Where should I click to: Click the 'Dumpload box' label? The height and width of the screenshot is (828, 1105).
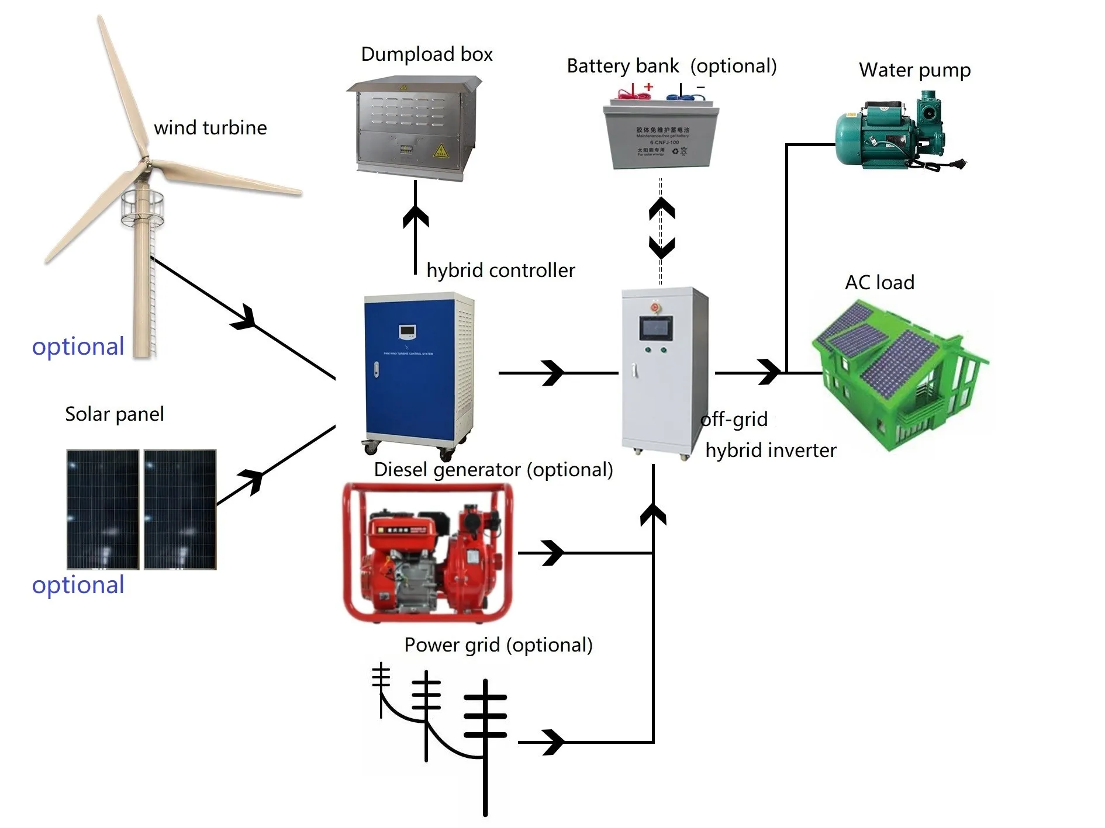click(x=426, y=54)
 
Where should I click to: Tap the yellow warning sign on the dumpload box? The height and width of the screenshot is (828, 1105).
click(x=440, y=151)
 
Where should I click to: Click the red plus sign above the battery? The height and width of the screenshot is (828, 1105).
click(x=648, y=87)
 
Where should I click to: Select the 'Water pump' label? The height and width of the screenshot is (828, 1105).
click(x=914, y=70)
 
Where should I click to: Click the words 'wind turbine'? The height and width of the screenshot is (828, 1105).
click(x=210, y=128)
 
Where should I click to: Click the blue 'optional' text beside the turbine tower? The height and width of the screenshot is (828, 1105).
click(x=78, y=347)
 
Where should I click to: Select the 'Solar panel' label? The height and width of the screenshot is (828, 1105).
click(x=114, y=414)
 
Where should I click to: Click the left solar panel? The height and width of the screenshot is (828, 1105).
click(x=103, y=508)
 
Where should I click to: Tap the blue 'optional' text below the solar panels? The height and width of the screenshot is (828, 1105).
click(x=78, y=585)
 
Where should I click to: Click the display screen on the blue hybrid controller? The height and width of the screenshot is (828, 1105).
click(x=407, y=332)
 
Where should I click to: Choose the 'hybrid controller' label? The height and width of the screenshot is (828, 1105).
click(x=500, y=271)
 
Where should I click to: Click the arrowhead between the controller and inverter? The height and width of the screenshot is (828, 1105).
click(x=552, y=373)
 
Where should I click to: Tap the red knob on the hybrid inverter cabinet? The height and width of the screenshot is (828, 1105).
click(x=655, y=306)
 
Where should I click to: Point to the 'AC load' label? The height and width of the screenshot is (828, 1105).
click(x=879, y=283)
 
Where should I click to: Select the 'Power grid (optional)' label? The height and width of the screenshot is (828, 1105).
click(x=498, y=645)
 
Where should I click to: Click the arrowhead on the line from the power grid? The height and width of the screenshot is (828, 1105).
click(x=553, y=742)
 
